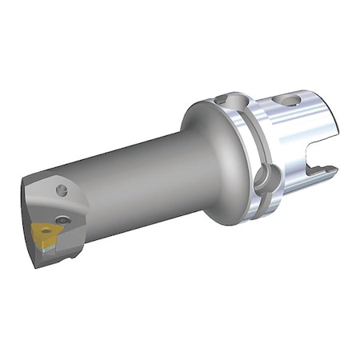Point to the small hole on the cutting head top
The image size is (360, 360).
[x=62, y=190]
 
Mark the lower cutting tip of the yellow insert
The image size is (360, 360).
[x=38, y=240]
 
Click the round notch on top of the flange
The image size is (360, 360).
[x=233, y=102]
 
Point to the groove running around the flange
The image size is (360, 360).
[x=250, y=152]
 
